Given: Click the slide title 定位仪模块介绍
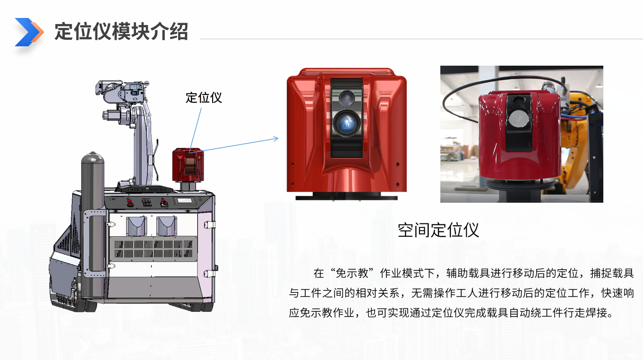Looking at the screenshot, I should point(121,32).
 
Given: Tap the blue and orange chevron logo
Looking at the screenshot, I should point(29,32).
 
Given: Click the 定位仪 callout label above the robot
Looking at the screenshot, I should point(204,97).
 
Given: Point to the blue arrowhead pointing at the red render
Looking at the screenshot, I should point(276,138).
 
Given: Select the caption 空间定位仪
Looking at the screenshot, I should point(438,230).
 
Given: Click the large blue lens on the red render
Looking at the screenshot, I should point(347,123).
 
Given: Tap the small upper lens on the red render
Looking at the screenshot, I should point(346,98).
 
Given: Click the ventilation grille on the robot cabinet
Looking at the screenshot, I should point(154,249).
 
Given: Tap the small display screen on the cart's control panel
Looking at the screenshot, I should point(184,200).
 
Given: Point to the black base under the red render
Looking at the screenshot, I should point(346,196).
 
